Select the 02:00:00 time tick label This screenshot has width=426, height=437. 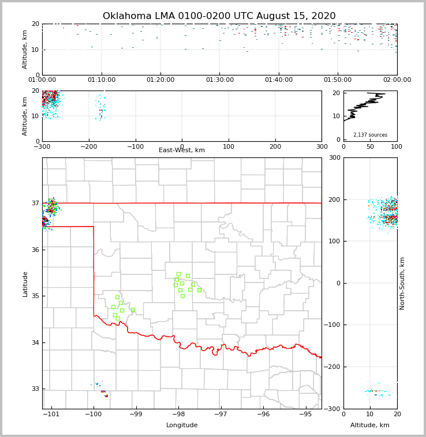(397, 80)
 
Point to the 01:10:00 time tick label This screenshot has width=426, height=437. (102, 80)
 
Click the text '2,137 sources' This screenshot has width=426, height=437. (370, 135)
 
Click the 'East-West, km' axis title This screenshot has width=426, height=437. (182, 150)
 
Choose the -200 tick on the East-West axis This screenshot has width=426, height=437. (88, 146)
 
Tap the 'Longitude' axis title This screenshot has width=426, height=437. (182, 425)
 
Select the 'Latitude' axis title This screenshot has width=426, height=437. (25, 284)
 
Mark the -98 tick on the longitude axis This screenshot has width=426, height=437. (178, 415)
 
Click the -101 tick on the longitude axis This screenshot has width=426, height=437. (51, 415)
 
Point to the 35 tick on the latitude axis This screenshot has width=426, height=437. (36, 296)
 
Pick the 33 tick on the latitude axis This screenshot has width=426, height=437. (36, 389)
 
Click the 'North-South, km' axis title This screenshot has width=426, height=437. (402, 283)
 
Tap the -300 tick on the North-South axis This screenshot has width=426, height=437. (333, 409)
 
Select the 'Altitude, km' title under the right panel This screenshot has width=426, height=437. (370, 425)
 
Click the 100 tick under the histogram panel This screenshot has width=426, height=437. (397, 146)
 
